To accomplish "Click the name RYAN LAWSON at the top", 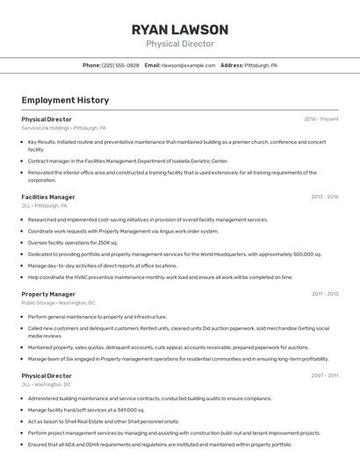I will point(180,29).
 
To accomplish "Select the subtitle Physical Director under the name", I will point(180,44).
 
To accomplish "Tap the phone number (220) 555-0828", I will point(120,65).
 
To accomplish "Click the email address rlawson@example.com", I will point(188,65).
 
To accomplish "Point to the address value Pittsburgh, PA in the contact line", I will point(261,65).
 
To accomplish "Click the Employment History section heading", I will point(65,100).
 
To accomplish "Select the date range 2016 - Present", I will point(321,119).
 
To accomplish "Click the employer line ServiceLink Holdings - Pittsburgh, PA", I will point(64,128).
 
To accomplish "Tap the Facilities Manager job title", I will point(48,197).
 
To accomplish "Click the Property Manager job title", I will point(48,294).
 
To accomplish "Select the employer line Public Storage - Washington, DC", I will point(59,303).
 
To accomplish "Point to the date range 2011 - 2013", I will point(325,294).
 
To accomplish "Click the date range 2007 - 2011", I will point(325,376).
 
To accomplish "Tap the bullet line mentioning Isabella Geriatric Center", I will point(127,161).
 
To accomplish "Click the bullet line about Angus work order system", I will point(123,231).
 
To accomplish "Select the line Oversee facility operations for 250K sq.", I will point(73,242).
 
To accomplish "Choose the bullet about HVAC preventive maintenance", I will point(148,276).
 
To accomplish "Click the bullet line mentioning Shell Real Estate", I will point(104,421).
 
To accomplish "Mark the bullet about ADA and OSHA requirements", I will point(147,444).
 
